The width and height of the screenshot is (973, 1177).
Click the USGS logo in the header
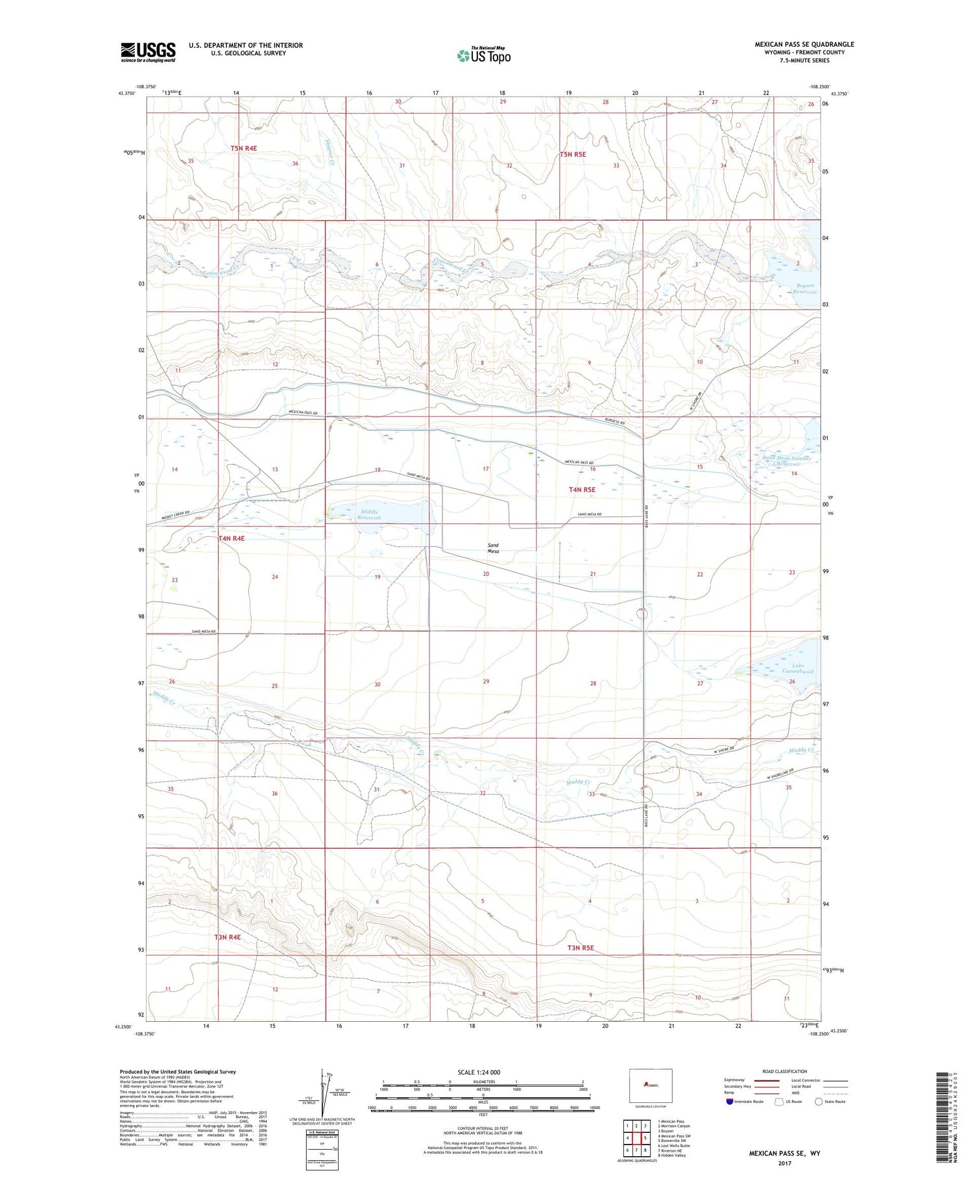pyautogui.click(x=148, y=52)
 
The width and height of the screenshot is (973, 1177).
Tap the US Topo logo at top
pyautogui.click(x=484, y=55)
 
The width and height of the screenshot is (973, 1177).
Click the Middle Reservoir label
pyautogui.click(x=369, y=515)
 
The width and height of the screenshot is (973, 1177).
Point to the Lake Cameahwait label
pyautogui.click(x=798, y=668)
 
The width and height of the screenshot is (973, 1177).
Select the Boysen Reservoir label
pyautogui.click(x=804, y=289)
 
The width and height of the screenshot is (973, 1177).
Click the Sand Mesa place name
pyautogui.click(x=494, y=548)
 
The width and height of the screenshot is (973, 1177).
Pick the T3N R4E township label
pyautogui.click(x=228, y=937)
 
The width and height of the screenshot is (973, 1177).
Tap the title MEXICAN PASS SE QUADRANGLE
pyautogui.click(x=804, y=44)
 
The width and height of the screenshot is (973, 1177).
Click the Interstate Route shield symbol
pyautogui.click(x=730, y=1101)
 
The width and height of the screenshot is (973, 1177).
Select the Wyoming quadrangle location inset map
pyautogui.click(x=651, y=1085)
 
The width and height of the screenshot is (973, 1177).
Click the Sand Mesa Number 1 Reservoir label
pyautogui.click(x=787, y=461)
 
